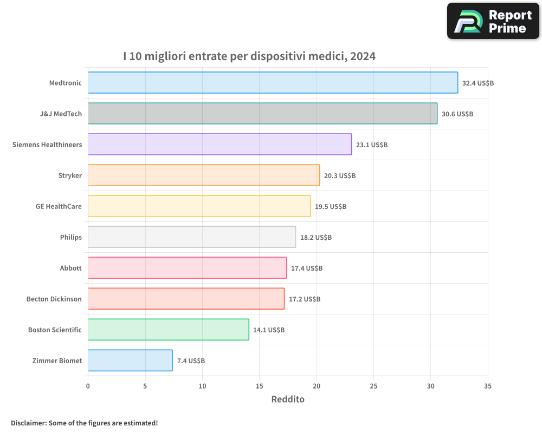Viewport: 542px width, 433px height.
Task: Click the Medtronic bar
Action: click(273, 83)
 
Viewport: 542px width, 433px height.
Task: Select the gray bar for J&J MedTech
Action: click(262, 114)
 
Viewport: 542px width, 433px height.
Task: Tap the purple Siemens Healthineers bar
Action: click(220, 145)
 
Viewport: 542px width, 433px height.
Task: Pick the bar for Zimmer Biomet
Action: click(130, 360)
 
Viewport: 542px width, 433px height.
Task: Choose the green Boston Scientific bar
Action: click(168, 330)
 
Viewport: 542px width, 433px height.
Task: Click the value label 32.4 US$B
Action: click(478, 83)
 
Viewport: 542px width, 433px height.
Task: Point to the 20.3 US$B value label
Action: click(339, 176)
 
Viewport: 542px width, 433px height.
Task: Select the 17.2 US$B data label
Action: click(304, 299)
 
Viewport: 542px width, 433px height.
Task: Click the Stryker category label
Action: click(70, 175)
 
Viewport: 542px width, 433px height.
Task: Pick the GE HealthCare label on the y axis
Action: click(59, 206)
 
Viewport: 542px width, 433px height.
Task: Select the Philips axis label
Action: click(71, 237)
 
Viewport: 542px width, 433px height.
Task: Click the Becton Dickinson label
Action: click(54, 299)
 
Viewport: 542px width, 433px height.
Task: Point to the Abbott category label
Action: click(71, 268)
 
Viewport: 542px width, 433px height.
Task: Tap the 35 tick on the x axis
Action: click(488, 386)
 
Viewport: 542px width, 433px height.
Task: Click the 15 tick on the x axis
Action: click(259, 386)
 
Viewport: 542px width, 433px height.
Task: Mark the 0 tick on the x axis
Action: click(88, 386)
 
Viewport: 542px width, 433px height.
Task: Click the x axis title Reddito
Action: click(288, 399)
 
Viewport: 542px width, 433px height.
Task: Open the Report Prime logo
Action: click(493, 21)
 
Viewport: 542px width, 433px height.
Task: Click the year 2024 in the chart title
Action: click(363, 56)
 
